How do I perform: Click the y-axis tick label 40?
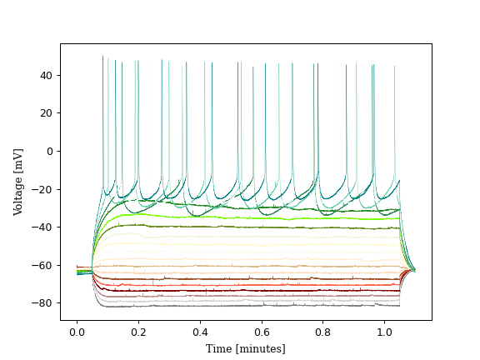(47, 75)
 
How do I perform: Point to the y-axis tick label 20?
(47, 113)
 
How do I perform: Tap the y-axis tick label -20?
(44, 189)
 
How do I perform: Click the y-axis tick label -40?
(44, 227)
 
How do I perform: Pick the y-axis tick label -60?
(44, 265)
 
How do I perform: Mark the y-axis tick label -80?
(44, 303)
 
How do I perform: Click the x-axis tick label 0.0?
(77, 332)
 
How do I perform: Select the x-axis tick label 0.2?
(138, 332)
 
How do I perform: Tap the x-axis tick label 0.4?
(200, 332)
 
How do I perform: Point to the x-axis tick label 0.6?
(262, 332)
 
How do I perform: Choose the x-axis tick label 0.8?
(323, 332)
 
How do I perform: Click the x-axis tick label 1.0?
(385, 332)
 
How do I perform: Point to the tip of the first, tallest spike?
(103, 57)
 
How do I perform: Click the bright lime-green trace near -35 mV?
(250, 217)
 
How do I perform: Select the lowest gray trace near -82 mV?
(250, 306)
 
